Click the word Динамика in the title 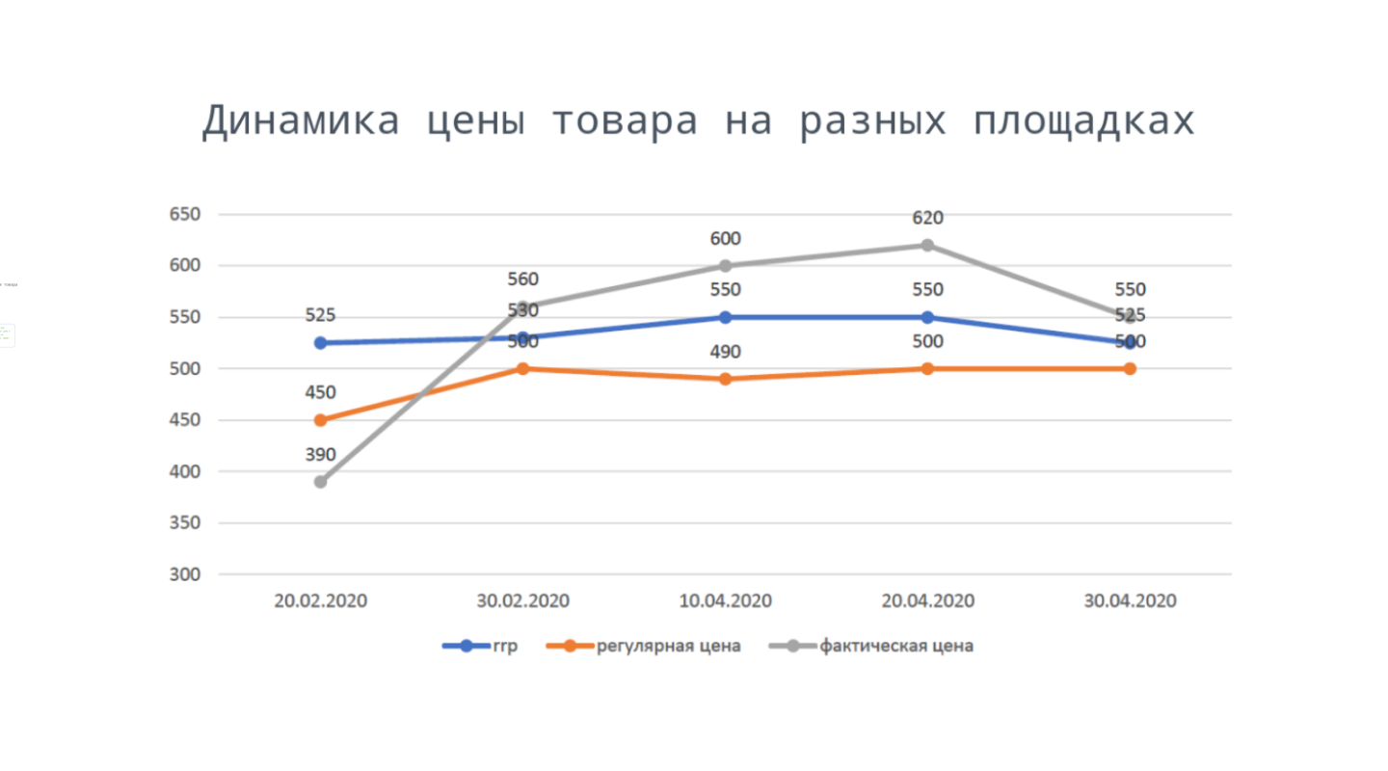[x=300, y=121]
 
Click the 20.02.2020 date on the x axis [x=321, y=600]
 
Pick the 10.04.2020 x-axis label [x=726, y=600]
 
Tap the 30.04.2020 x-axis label [x=1130, y=600]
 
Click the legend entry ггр [x=504, y=646]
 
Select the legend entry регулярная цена [x=668, y=646]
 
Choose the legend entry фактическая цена [x=895, y=646]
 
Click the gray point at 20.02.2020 [x=320, y=482]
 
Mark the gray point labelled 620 [x=927, y=245]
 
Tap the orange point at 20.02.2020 [x=320, y=420]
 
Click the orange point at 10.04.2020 [x=725, y=379]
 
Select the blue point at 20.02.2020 [x=320, y=343]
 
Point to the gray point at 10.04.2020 [x=725, y=266]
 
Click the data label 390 [x=320, y=454]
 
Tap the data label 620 [x=927, y=218]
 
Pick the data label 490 [x=725, y=352]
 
